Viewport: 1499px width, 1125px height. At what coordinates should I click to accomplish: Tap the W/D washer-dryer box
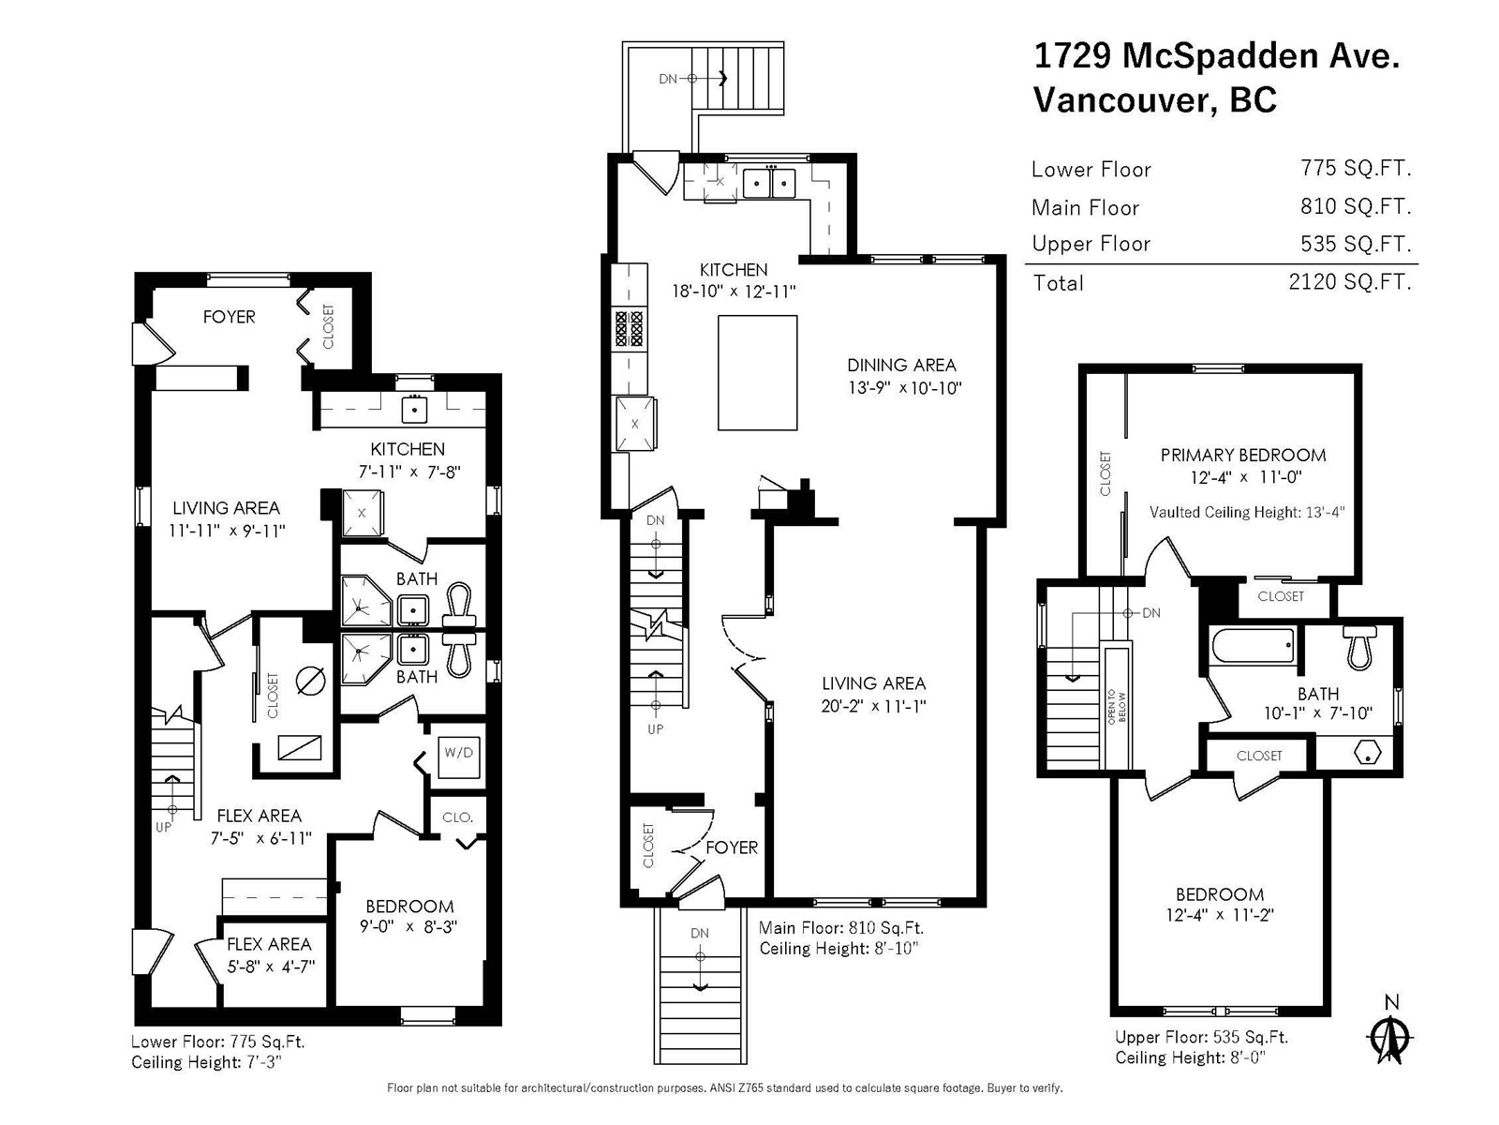[x=459, y=757]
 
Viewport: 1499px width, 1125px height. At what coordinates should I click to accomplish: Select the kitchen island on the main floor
[x=757, y=372]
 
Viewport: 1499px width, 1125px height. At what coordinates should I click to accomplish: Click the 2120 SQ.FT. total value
[x=1349, y=281]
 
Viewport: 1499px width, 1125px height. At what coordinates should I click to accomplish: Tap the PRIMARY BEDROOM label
[x=1243, y=455]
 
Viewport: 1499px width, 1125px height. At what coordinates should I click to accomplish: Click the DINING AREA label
[x=901, y=366]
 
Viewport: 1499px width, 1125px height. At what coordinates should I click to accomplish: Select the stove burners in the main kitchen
[x=630, y=328]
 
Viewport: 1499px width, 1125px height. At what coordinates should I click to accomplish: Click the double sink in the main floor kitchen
[x=769, y=183]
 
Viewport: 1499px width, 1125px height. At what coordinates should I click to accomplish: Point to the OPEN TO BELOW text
[x=1117, y=707]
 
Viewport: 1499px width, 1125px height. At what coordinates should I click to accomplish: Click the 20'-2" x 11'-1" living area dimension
[x=873, y=706]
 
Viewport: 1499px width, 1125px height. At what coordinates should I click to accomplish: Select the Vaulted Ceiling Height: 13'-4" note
[x=1247, y=512]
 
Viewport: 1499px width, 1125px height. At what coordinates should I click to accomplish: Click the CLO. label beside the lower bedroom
[x=457, y=817]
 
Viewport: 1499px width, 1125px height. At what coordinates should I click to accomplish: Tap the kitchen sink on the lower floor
[x=414, y=410]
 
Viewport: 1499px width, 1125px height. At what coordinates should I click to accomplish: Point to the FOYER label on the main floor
[x=732, y=847]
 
